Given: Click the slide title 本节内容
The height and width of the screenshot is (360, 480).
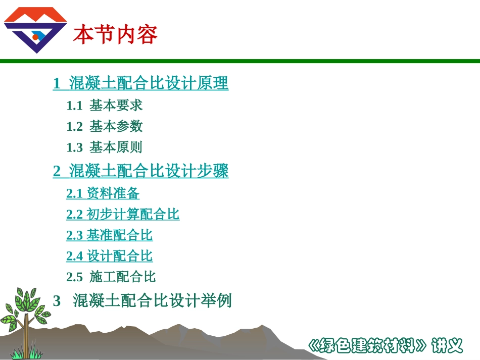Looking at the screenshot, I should [x=115, y=35].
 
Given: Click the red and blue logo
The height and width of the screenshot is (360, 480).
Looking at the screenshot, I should [x=35, y=30].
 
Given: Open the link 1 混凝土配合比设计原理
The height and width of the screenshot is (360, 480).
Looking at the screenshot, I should [x=140, y=83].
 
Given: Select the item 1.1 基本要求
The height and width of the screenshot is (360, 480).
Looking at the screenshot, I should [x=105, y=105].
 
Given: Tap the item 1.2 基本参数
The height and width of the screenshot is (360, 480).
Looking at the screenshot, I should [x=105, y=126].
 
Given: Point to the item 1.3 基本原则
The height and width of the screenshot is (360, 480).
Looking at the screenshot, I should [x=105, y=147].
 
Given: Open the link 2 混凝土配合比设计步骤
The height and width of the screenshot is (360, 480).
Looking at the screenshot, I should [x=140, y=171].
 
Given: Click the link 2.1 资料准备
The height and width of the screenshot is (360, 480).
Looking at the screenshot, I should [x=103, y=193].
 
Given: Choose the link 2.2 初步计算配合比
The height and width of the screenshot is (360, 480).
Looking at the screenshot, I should [x=123, y=215].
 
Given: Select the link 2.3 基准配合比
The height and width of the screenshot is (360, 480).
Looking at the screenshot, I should [x=109, y=235].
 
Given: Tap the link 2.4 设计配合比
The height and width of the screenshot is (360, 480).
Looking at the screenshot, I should [x=109, y=256].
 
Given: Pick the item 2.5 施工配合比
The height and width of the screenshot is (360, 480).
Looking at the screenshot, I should [x=111, y=277].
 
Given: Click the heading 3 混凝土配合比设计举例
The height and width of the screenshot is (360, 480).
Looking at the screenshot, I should [x=142, y=301].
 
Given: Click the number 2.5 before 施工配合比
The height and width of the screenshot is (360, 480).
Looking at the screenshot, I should [x=74, y=277].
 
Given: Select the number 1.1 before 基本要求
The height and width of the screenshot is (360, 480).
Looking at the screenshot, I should [x=74, y=105].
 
